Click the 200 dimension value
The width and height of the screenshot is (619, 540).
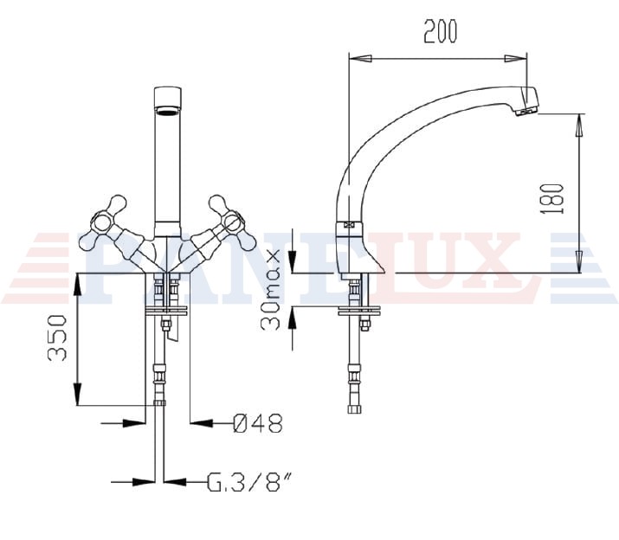[440, 31]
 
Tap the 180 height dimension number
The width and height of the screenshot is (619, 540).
[552, 198]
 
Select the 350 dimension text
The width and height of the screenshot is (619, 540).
[57, 337]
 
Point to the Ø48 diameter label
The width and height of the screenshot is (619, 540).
[258, 423]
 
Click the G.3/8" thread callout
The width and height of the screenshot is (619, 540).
[250, 481]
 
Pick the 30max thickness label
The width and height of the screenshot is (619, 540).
[270, 289]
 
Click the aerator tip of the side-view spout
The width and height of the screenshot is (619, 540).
[527, 108]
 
